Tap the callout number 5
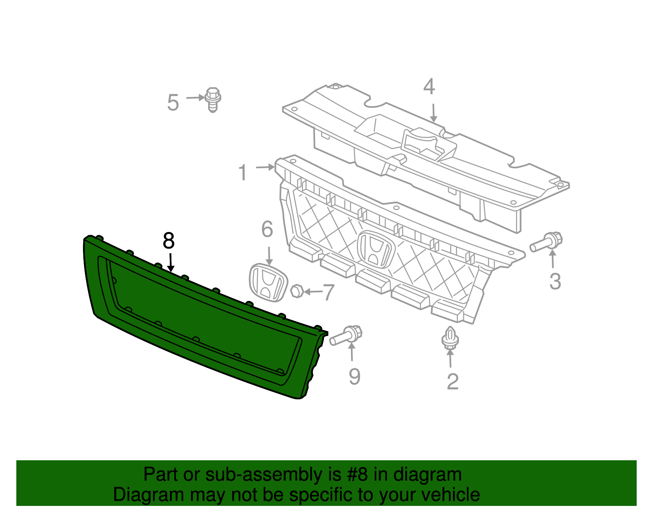click(x=173, y=102)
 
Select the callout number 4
click(x=429, y=87)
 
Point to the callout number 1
click(x=243, y=172)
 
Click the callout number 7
click(x=329, y=292)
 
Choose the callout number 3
click(x=555, y=281)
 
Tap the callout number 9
click(x=354, y=376)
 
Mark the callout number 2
click(x=453, y=382)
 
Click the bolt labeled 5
click(x=213, y=99)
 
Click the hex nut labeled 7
click(x=297, y=292)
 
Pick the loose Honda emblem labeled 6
click(x=268, y=283)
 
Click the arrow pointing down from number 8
click(x=171, y=262)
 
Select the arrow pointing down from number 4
click(x=433, y=113)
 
